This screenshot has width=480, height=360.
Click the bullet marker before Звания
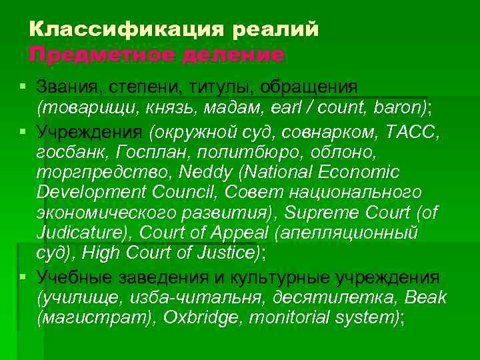23,87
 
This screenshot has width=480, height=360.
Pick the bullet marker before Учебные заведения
23,275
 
